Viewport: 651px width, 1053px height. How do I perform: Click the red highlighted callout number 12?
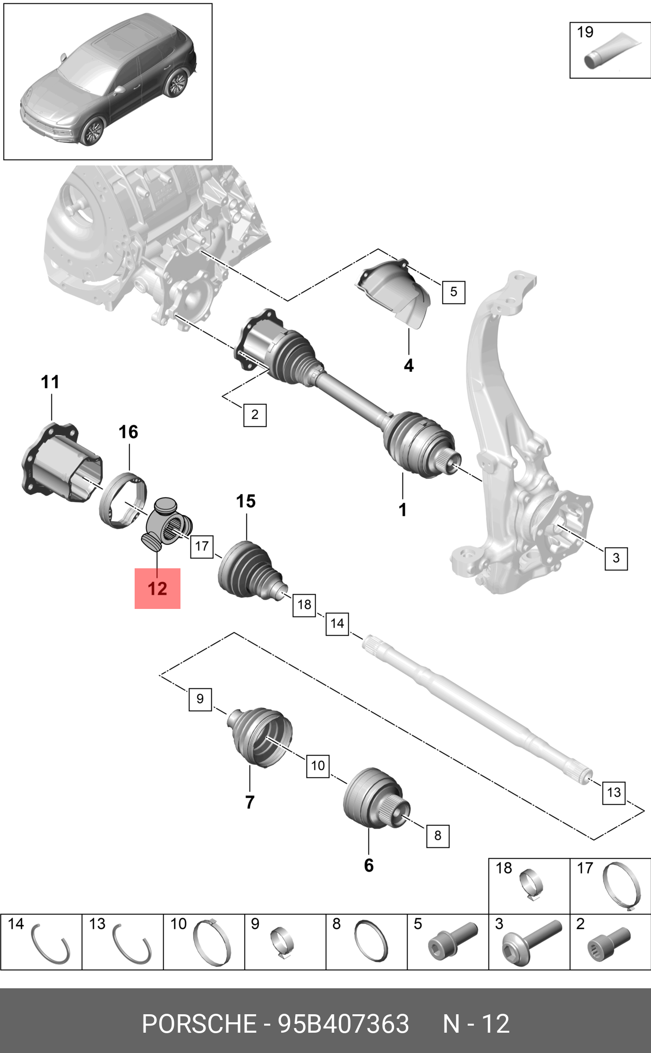[x=157, y=589]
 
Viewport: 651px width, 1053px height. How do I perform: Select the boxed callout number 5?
[x=453, y=291]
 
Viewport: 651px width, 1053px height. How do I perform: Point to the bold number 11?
[x=50, y=382]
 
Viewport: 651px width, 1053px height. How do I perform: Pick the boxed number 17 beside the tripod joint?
[x=202, y=546]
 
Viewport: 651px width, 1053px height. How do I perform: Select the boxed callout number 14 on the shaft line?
[x=337, y=624]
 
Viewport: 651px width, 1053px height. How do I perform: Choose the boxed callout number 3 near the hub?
[x=616, y=558]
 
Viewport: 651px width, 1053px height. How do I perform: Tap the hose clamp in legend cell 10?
[x=211, y=942]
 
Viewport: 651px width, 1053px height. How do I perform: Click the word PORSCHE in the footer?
[x=199, y=1024]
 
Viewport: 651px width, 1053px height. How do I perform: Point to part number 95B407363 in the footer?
[x=343, y=1024]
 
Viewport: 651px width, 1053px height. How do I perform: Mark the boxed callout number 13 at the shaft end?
[x=613, y=792]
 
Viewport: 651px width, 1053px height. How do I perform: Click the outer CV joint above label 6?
[x=373, y=798]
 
